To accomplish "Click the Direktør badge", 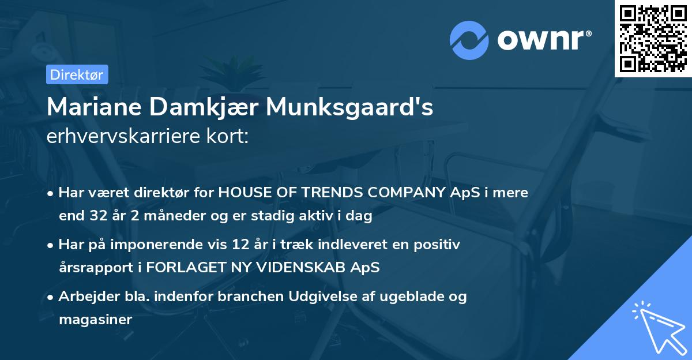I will tap(77, 74).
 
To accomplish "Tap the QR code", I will tap(653, 39).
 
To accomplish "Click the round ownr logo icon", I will tap(469, 40).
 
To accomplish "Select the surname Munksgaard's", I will tap(349, 107).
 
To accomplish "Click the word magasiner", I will tap(96, 320).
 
